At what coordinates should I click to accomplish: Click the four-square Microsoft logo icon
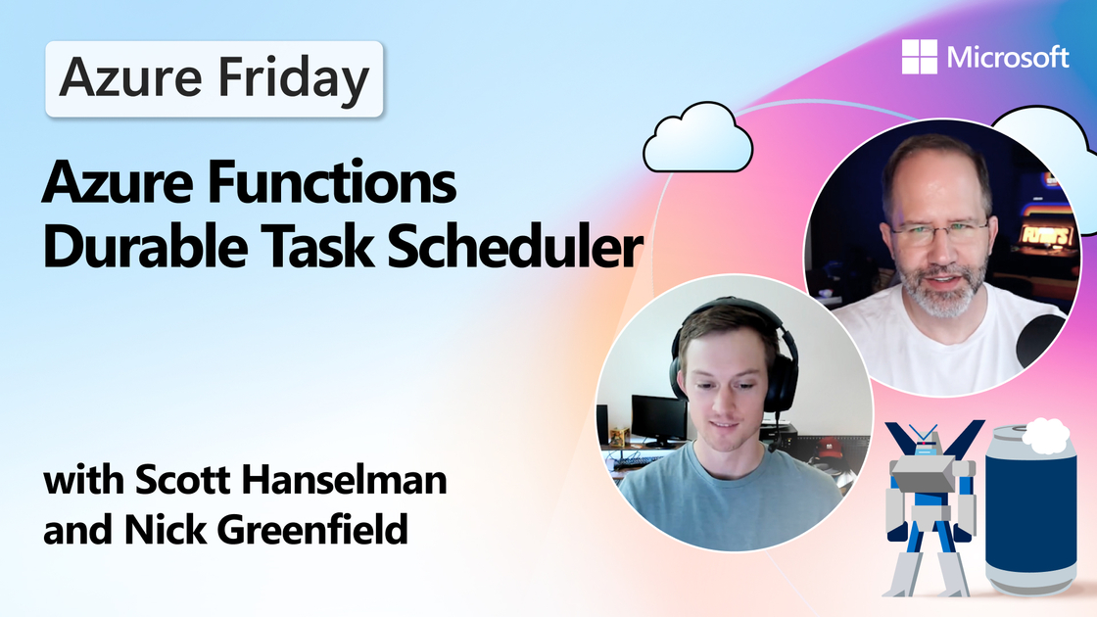[920, 57]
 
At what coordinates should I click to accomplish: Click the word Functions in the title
[332, 181]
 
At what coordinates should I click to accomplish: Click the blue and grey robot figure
[930, 506]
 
